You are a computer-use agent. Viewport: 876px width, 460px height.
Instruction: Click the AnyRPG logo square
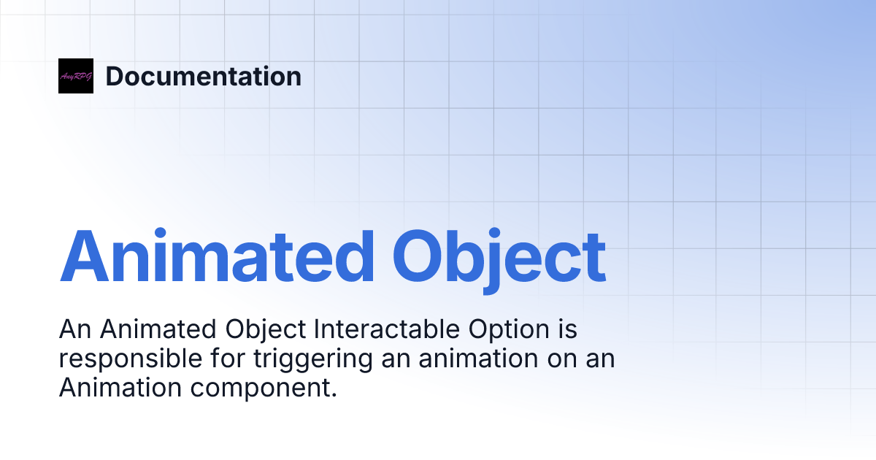tap(76, 76)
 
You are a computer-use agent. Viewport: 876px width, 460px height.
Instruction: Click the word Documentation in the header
tap(203, 76)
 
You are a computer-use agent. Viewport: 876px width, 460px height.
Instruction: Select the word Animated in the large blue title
tap(217, 257)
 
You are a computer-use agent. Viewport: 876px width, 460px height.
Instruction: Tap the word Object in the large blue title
tap(499, 257)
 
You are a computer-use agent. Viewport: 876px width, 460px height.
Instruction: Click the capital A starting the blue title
tap(82, 257)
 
